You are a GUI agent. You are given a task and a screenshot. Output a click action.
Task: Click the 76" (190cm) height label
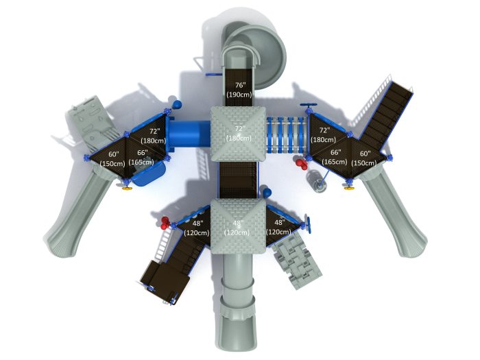(239, 89)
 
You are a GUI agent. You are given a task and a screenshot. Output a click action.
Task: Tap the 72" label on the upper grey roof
(239, 129)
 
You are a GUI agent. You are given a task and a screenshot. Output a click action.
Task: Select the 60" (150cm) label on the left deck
(112, 159)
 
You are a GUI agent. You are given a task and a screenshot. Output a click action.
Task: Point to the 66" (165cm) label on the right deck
(335, 156)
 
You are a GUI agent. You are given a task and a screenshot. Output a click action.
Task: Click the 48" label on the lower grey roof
(237, 224)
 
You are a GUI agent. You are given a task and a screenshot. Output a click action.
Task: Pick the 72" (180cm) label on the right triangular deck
(323, 134)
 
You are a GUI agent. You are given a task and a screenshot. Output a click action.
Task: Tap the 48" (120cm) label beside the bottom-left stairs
(197, 228)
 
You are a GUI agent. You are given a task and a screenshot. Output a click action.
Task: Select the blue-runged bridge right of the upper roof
(287, 134)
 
